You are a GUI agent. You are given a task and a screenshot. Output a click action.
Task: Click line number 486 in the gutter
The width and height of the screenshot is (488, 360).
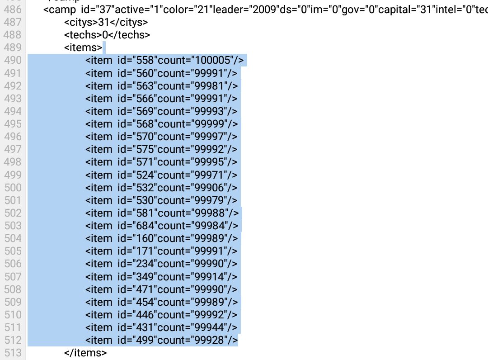click(x=13, y=9)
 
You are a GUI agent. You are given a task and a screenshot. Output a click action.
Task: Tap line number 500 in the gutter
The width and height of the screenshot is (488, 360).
click(x=13, y=188)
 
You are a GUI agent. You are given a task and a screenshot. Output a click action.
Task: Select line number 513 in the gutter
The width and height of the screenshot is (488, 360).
click(x=13, y=353)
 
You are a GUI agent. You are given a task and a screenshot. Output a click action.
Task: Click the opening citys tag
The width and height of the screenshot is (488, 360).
click(x=81, y=23)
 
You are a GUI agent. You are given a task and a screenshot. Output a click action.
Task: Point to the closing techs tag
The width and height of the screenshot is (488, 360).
click(x=129, y=35)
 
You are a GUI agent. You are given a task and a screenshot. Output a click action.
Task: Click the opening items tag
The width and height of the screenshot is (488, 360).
click(x=83, y=47)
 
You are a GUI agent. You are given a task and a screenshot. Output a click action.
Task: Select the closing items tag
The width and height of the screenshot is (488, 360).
click(x=85, y=353)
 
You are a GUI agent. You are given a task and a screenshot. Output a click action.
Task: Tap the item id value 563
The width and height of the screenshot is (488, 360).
click(x=145, y=86)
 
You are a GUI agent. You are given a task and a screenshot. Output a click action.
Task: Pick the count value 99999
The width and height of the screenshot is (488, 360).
click(x=209, y=124)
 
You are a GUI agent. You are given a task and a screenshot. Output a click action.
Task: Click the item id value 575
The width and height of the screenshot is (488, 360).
click(x=145, y=150)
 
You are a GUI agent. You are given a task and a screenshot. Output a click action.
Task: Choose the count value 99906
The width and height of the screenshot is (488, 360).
click(x=209, y=188)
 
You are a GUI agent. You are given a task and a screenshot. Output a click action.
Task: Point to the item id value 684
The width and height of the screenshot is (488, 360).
click(x=145, y=226)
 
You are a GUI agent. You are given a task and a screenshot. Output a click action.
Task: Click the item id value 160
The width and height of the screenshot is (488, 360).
click(x=145, y=238)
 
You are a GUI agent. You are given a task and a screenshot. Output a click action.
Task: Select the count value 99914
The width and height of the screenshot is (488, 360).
click(x=209, y=277)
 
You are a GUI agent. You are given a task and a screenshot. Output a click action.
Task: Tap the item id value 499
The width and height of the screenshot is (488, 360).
click(x=145, y=341)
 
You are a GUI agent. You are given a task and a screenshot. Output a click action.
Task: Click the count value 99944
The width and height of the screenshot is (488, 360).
click(x=209, y=327)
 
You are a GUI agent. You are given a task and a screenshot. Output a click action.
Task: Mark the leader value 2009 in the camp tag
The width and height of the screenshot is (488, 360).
click(x=264, y=9)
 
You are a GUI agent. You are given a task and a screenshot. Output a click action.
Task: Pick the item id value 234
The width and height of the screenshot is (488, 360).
click(x=145, y=264)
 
